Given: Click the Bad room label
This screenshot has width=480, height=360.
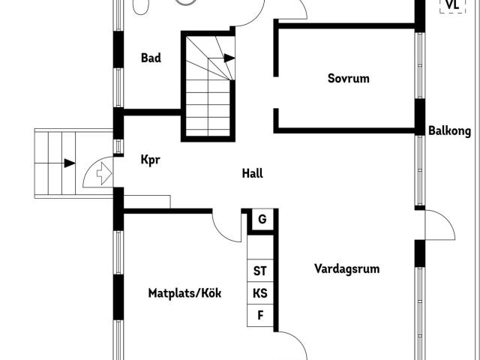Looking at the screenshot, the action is coord(151,58).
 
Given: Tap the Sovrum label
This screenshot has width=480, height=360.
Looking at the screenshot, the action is coord(348,78).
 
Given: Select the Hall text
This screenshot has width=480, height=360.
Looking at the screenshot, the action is coord(252,173).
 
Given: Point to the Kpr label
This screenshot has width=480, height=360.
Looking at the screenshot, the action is coord(150,160).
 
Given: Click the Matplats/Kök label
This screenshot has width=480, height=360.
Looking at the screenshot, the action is coord(184,293).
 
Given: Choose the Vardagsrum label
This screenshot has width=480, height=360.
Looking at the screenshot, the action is coord(346,268).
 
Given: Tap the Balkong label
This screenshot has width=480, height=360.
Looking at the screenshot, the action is coord(449,131).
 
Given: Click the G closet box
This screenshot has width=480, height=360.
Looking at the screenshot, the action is coord(262,220).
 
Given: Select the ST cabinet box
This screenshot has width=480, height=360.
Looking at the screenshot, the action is coord(260,271).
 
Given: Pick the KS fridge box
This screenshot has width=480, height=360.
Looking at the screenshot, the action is coord(260,293).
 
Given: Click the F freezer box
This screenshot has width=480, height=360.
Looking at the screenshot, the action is coord(260,315).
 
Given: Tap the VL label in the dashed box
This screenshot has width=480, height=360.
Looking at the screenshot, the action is coord(452,5).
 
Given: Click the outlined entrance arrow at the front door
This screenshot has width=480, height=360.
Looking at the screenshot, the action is coord(104,173).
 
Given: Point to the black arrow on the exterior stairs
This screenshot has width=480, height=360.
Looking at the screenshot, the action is coord(70,163).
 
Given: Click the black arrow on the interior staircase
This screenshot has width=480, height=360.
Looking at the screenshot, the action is coord(229,58).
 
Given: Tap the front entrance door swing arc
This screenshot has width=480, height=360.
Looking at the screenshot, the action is coord(91,166).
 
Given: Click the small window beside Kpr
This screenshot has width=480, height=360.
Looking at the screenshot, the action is coord(118,146).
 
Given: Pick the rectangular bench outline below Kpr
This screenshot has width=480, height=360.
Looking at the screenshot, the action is coord(147,202).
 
